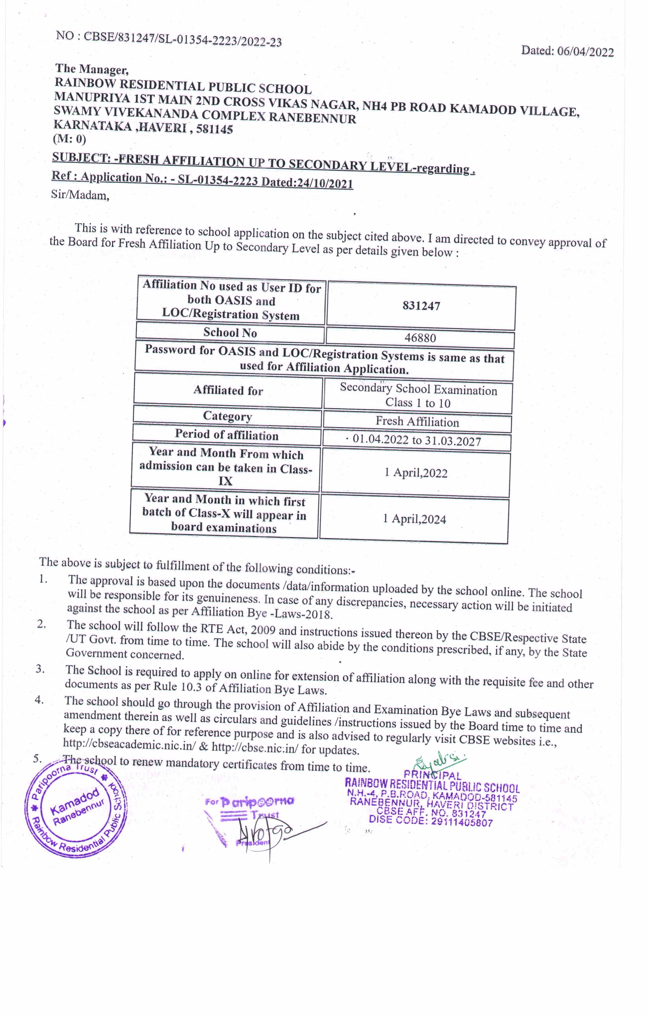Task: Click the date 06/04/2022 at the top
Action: [585, 52]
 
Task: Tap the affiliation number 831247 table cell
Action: [421, 306]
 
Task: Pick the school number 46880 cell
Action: [420, 338]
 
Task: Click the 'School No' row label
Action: [230, 333]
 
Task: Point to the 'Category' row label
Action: [228, 416]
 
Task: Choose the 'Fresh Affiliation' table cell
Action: [417, 422]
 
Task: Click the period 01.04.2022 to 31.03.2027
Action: [416, 441]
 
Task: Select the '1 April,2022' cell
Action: [415, 473]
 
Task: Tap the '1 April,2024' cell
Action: [414, 519]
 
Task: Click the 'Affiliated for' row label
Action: [228, 391]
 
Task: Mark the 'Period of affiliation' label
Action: [227, 435]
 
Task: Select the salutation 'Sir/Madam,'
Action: [80, 195]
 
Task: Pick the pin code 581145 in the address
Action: [214, 129]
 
